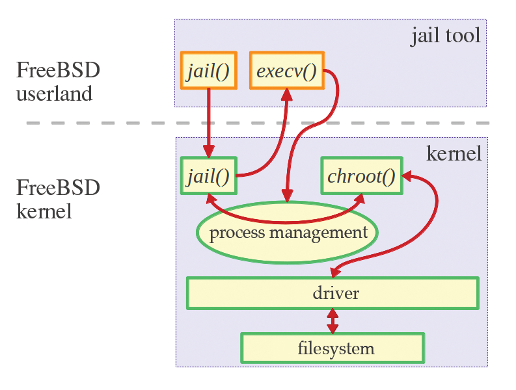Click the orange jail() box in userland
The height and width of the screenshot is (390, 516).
point(208,70)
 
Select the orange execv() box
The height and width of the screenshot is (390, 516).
point(286,70)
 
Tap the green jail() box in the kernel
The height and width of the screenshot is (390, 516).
point(208,175)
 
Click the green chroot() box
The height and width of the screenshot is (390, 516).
point(361,175)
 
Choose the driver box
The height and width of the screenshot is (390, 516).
point(333,293)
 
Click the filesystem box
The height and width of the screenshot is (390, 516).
point(333,348)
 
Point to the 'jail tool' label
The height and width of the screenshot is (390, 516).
point(446,35)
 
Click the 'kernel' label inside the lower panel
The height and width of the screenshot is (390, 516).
point(454,153)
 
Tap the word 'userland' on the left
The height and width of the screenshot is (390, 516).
point(55,94)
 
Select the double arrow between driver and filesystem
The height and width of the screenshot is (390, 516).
point(333,320)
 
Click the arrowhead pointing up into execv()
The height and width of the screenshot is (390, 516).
point(286,94)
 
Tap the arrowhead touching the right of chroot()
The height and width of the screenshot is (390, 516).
point(408,175)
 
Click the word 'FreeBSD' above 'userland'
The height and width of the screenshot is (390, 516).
point(58,70)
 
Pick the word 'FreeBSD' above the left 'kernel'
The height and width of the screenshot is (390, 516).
point(58,188)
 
